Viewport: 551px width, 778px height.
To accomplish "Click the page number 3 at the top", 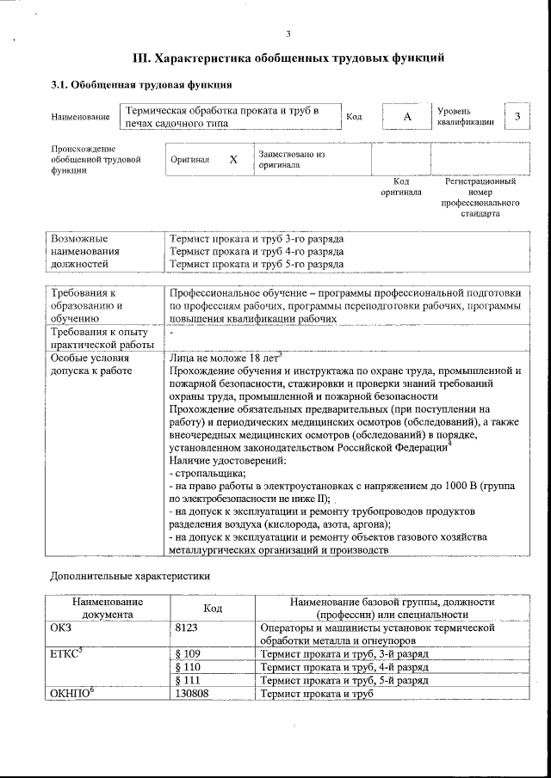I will point(288,34).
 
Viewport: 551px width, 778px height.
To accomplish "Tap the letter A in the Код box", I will point(407,116).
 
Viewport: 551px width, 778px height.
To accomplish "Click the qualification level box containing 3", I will point(517,116).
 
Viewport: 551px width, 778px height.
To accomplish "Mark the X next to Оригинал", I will point(232,160).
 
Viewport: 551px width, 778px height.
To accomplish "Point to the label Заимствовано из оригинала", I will point(291,159).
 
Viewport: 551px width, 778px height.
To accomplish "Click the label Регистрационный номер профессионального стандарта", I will point(480,198).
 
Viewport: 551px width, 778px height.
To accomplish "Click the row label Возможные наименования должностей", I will point(86,252).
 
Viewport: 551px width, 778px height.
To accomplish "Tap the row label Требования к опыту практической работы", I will point(101,339).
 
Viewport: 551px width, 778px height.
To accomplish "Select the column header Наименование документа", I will point(108,609).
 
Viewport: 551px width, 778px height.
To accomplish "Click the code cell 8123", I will point(188,628).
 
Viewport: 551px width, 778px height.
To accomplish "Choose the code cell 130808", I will point(192,693).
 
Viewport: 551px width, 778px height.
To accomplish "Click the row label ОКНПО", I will point(72,693).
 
